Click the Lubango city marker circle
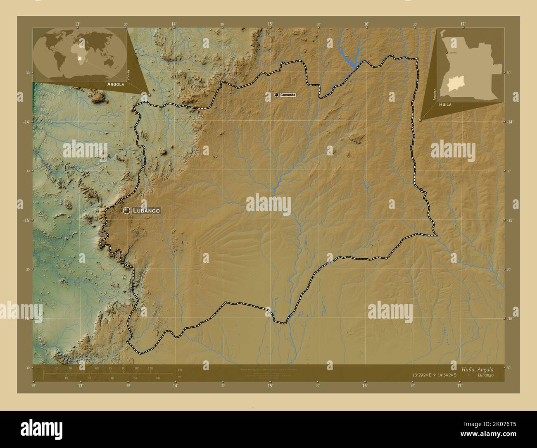pyautogui.click(x=126, y=211)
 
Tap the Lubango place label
pyautogui.click(x=146, y=211)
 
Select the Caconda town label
pyautogui.click(x=288, y=95)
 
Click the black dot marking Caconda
pyautogui.click(x=276, y=95)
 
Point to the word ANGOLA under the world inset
pyautogui.click(x=116, y=84)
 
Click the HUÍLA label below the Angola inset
pyautogui.click(x=445, y=105)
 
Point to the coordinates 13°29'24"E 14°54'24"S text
pyautogui.click(x=434, y=375)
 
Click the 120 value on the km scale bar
pyautogui.click(x=150, y=368)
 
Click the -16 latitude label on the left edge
pyautogui.click(x=26, y=319)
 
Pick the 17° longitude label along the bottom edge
pyautogui.click(x=459, y=386)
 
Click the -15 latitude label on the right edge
pyautogui.click(x=511, y=220)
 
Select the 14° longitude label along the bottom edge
pyautogui.click(x=175, y=386)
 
